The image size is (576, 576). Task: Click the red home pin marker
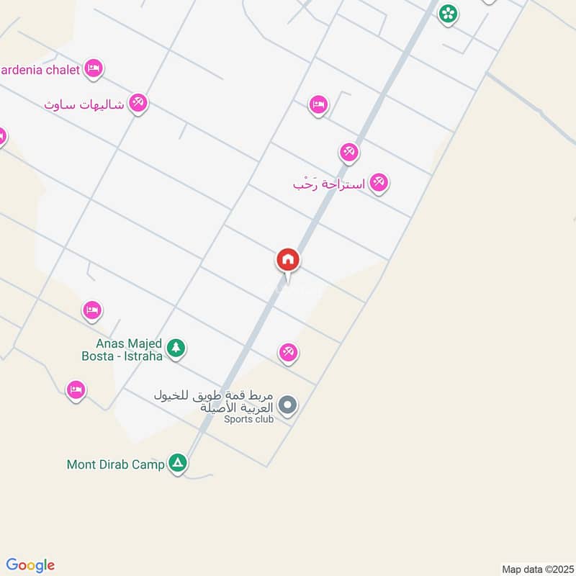click(x=288, y=261)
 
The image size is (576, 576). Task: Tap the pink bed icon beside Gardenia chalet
click(x=93, y=69)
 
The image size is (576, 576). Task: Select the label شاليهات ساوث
click(x=84, y=105)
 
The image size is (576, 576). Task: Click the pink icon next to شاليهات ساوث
click(x=138, y=104)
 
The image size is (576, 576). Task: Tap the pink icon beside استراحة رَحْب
click(x=379, y=183)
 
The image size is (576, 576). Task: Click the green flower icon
click(x=448, y=13)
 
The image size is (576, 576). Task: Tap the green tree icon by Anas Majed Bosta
click(x=176, y=349)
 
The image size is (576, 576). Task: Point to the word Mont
click(x=81, y=465)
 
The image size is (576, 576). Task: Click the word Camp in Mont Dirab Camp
click(x=150, y=465)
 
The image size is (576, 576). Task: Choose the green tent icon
click(x=178, y=464)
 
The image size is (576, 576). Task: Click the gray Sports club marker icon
click(x=287, y=406)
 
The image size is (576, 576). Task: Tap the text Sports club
click(x=248, y=419)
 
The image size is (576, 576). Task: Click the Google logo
click(x=30, y=565)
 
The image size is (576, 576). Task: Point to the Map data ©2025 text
click(x=536, y=569)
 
